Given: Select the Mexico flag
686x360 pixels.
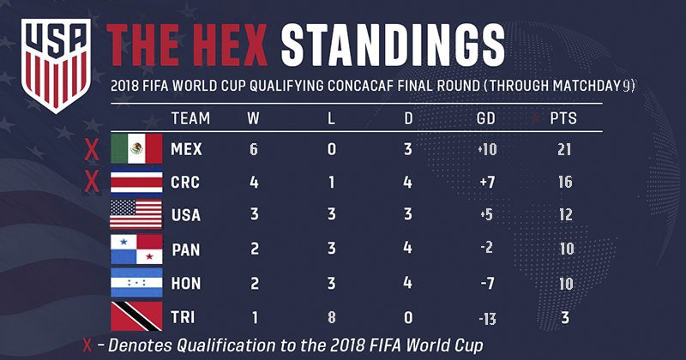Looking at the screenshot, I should click(x=136, y=149).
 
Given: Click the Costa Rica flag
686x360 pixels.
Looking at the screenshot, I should click(x=136, y=183).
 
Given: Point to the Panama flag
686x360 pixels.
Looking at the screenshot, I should click(x=136, y=250).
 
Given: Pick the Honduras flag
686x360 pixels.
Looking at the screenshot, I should click(x=136, y=284).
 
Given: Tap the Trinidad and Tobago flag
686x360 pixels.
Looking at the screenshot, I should click(x=136, y=316).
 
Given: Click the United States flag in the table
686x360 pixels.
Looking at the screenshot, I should click(x=136, y=216).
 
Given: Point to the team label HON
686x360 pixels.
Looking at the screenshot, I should click(x=186, y=284).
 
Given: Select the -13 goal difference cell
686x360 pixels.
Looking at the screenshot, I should click(x=488, y=317).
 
